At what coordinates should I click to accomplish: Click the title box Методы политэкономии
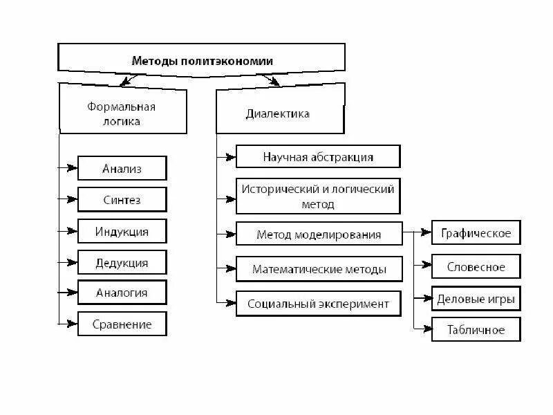pyautogui.click(x=202, y=61)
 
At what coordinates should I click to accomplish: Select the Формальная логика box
pyautogui.click(x=122, y=112)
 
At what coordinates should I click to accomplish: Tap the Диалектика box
pyautogui.click(x=279, y=113)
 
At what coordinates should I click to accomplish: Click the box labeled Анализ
pyautogui.click(x=122, y=168)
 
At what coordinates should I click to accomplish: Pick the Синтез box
pyautogui.click(x=122, y=200)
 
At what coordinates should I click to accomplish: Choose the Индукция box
pyautogui.click(x=122, y=230)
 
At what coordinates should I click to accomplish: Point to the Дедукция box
pyautogui.click(x=122, y=263)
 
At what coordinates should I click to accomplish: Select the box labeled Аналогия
pyautogui.click(x=122, y=293)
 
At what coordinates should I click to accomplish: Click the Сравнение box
pyautogui.click(x=122, y=324)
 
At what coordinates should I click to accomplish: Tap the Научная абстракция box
pyautogui.click(x=318, y=156)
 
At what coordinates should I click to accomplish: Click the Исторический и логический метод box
pyautogui.click(x=318, y=196)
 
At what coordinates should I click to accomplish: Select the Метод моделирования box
pyautogui.click(x=319, y=234)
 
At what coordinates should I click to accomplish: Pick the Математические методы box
pyautogui.click(x=319, y=269)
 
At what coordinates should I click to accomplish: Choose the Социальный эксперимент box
pyautogui.click(x=319, y=304)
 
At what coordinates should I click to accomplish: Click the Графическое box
pyautogui.click(x=476, y=232)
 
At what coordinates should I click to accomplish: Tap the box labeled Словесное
pyautogui.click(x=476, y=267)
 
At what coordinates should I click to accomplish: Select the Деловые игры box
pyautogui.click(x=476, y=299)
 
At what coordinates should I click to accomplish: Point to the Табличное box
pyautogui.click(x=476, y=329)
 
